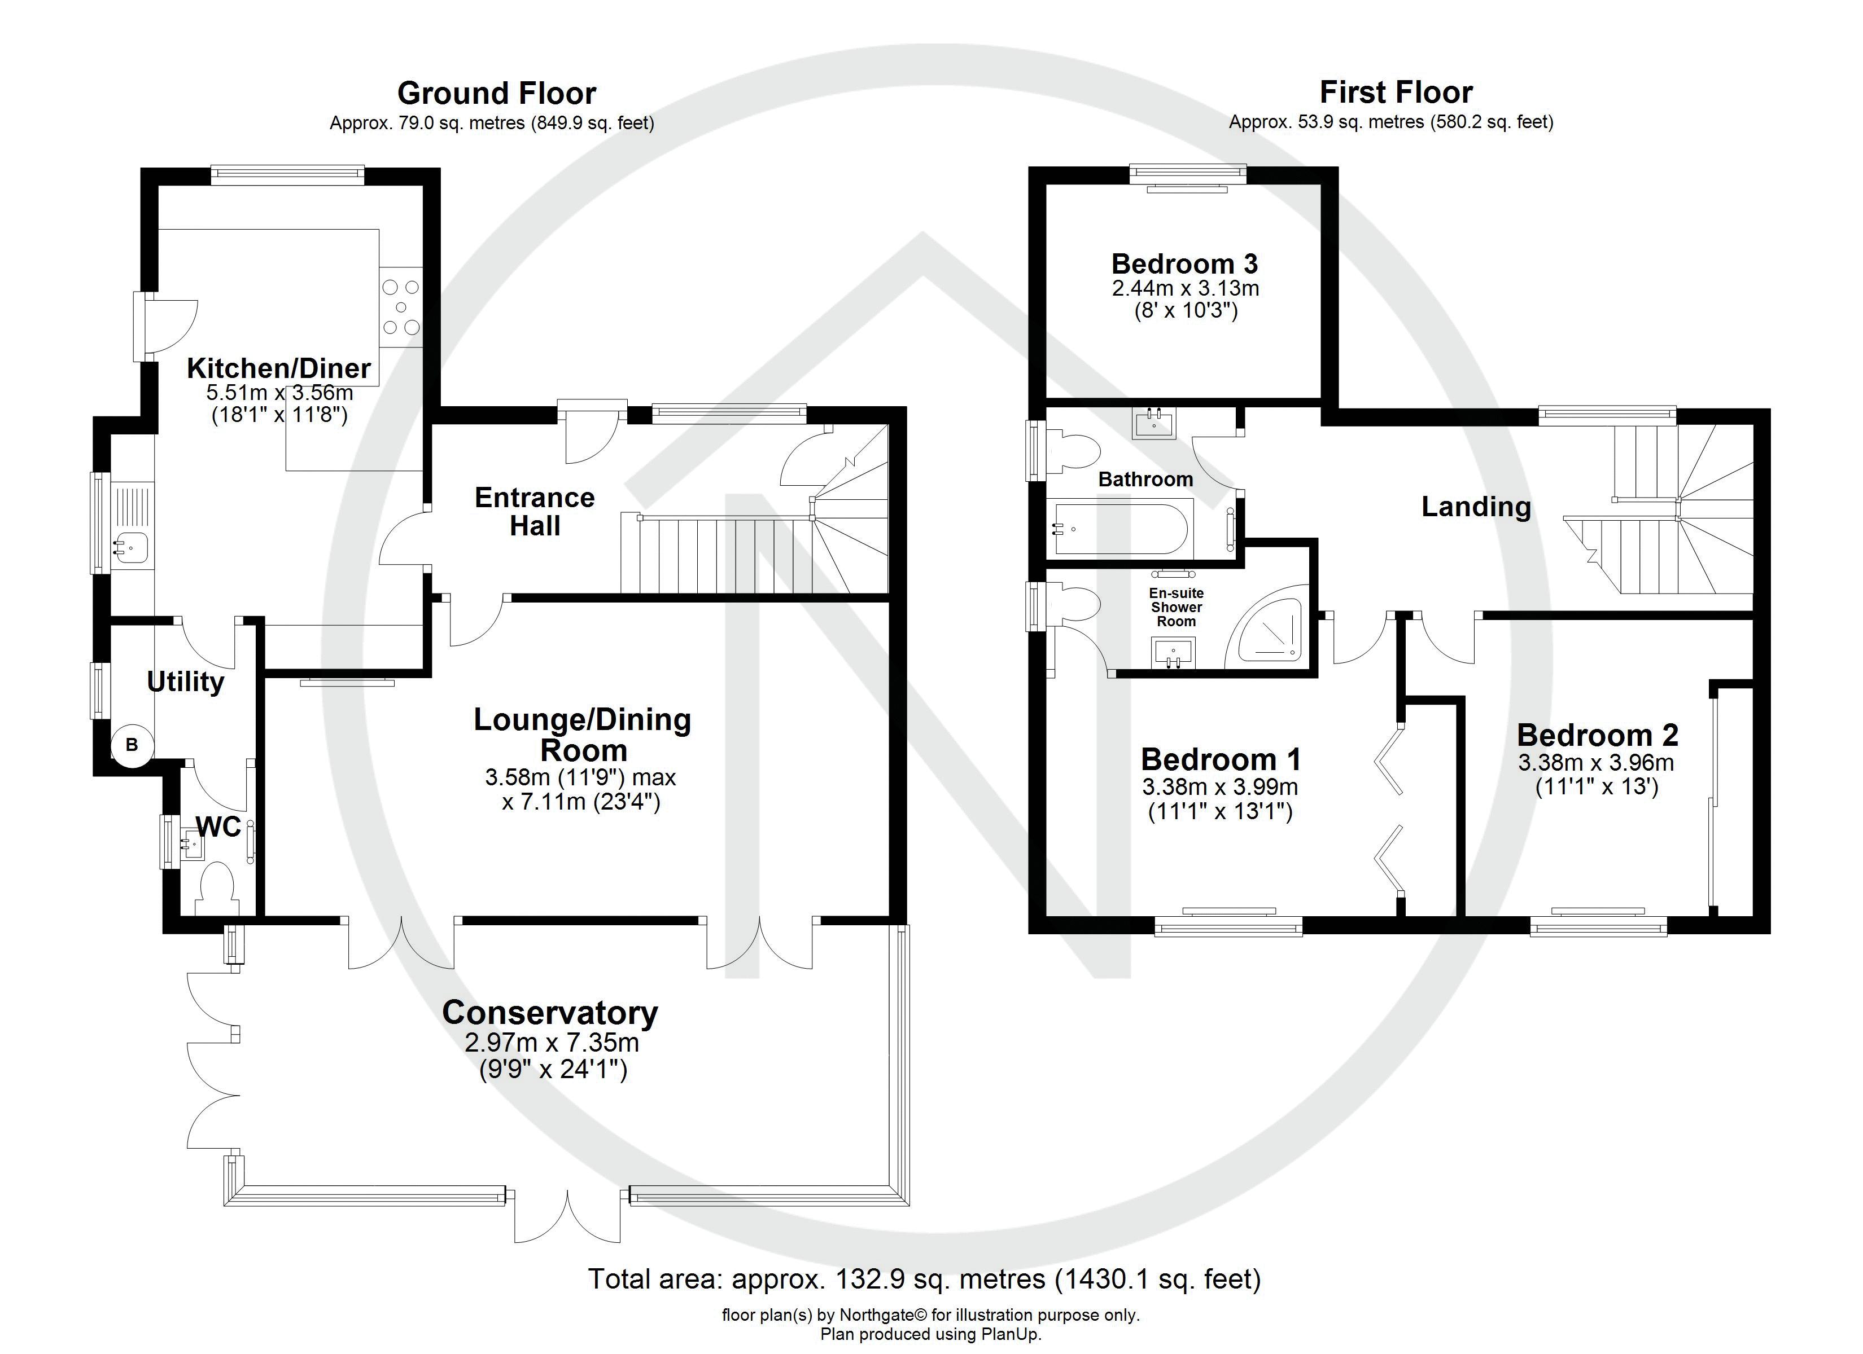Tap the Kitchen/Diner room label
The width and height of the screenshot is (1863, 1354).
[x=278, y=368]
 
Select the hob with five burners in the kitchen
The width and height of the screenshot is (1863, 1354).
[x=401, y=308]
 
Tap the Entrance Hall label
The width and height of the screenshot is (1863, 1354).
[x=535, y=511]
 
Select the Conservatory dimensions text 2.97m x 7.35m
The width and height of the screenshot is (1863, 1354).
[x=551, y=1043]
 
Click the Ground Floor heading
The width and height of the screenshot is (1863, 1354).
[x=496, y=94]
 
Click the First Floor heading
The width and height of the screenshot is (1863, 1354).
[x=1396, y=92]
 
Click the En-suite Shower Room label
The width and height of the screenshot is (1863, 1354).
[x=1177, y=607]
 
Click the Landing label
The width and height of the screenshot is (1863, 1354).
[x=1476, y=507]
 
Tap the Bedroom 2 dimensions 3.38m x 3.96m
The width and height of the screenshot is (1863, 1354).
[x=1596, y=763]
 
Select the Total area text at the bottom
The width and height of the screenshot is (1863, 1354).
[x=924, y=1278]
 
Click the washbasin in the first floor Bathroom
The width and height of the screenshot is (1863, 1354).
[x=1154, y=424]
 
